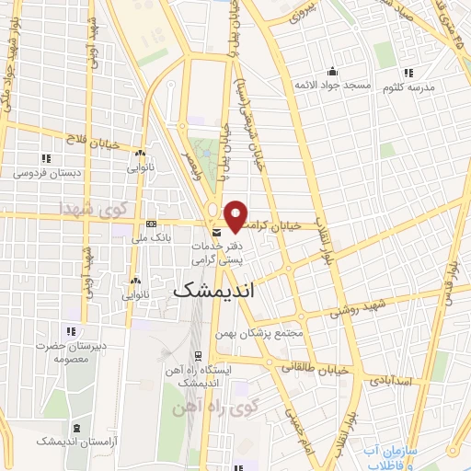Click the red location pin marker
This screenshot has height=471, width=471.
[235, 215]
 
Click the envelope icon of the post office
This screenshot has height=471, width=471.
[216, 232]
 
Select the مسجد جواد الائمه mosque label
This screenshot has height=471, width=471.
[332, 86]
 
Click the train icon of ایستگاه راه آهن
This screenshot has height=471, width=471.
[198, 355]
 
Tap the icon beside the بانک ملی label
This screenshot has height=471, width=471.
[152, 224]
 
